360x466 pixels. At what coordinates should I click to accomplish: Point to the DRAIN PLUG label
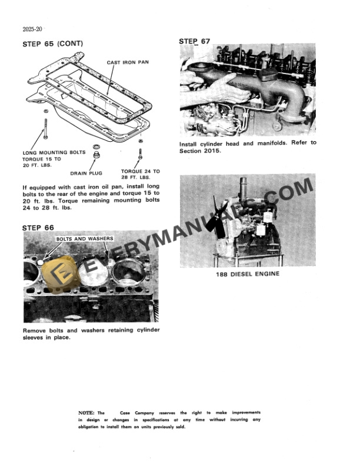point(87,174)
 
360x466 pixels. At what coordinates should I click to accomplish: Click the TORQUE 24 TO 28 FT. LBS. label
point(140,174)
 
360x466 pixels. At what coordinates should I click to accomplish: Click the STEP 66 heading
point(38,227)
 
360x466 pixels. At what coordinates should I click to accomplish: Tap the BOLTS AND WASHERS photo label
point(79,239)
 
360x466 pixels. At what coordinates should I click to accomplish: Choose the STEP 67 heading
point(194,41)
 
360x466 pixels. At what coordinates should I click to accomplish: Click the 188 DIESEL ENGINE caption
point(246,274)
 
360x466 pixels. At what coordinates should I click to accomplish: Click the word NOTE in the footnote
point(86,413)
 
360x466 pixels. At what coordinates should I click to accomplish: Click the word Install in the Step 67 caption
point(190,143)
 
